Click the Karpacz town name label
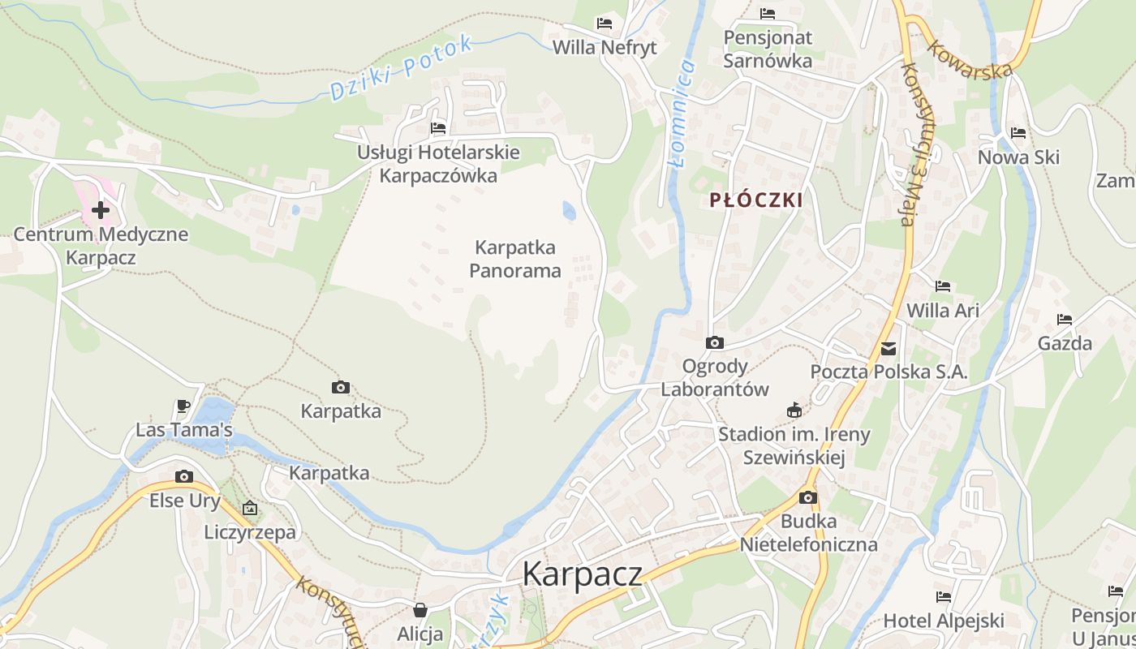coord(582,574)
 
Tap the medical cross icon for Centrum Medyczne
coord(101,211)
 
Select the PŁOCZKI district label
coord(755,200)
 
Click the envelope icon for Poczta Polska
coord(889,349)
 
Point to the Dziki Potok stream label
coord(401,68)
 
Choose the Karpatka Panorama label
coord(515,259)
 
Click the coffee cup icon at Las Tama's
coord(183,406)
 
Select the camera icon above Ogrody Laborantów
coord(714,342)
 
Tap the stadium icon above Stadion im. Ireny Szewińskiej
coord(794,410)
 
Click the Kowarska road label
coord(970,59)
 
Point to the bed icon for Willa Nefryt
coord(604,23)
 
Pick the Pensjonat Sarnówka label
coord(767,49)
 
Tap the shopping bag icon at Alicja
coord(420,610)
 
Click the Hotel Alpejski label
coord(944,621)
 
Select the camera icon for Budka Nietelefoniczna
coord(807,497)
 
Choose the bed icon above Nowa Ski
coord(1018,133)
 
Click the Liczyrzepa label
coord(250,532)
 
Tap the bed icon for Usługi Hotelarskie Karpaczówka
coord(438,128)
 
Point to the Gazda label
coord(1065,343)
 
